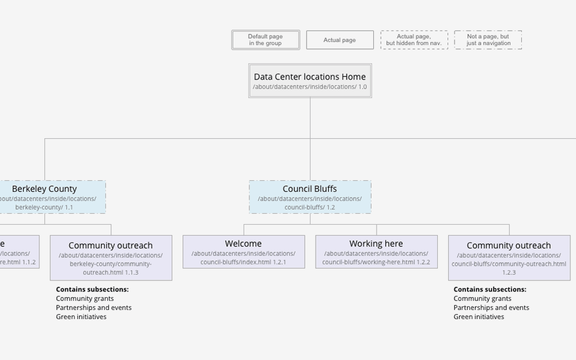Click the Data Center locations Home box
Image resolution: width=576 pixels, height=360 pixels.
coord(310,81)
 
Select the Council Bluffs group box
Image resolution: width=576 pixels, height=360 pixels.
coord(310,197)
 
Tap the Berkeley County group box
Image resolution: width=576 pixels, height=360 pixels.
coord(52,197)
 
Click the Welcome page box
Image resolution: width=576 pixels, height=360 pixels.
coord(244,252)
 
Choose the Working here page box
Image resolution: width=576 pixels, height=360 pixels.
coord(376,252)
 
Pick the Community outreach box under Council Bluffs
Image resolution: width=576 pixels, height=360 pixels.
coord(509,257)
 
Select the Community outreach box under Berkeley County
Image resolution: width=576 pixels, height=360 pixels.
coord(111,257)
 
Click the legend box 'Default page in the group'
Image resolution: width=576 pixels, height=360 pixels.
coord(266,40)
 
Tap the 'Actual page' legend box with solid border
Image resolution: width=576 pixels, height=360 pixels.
coord(340,40)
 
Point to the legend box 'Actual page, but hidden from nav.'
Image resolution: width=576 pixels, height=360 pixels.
coord(414,40)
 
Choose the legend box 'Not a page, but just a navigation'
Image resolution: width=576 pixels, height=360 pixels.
coord(488,40)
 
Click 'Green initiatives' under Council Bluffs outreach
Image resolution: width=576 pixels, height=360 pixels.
coord(479,317)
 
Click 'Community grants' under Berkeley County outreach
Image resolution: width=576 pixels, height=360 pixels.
coord(85,298)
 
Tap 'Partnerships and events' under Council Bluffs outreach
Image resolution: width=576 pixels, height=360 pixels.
coord(491,308)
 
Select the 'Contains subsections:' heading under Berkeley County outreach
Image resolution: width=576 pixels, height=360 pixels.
coord(92,289)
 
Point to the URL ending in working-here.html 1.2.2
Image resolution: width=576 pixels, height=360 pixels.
coord(376,258)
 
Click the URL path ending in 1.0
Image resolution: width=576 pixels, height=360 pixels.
coord(310,87)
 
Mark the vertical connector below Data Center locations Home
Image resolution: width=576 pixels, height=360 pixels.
coord(310,118)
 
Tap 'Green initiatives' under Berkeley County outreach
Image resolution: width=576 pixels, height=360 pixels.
coord(81,317)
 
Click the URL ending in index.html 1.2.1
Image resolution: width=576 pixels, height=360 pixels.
coord(244,258)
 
